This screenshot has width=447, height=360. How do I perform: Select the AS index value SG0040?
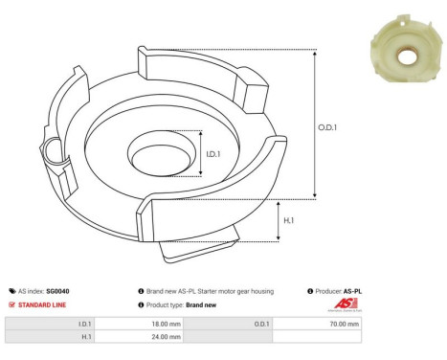click(56, 290)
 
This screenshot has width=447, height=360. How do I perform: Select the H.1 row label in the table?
click(85, 337)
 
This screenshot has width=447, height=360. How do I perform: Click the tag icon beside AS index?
click(11, 290)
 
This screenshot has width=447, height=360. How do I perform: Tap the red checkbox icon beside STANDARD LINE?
click(11, 304)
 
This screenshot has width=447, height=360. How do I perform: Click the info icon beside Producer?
click(311, 290)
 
